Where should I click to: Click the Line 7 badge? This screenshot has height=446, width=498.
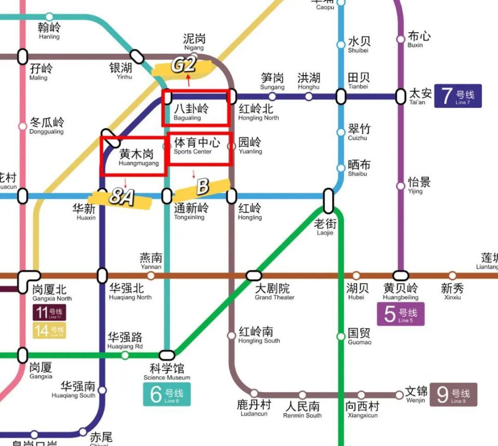point(458,96)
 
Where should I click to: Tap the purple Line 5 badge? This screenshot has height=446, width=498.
point(400,314)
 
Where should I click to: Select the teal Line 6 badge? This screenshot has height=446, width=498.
point(167,395)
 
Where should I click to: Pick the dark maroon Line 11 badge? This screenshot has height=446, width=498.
point(49,313)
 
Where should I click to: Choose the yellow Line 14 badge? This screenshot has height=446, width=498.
point(49,330)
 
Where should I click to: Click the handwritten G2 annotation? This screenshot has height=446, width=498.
point(184,65)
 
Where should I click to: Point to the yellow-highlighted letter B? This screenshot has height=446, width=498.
point(203,187)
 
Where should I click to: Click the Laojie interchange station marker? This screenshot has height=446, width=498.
point(328,201)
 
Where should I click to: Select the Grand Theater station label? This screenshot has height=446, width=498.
point(274,291)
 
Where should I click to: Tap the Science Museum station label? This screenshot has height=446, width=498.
point(167,372)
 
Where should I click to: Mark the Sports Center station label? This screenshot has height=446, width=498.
point(196,145)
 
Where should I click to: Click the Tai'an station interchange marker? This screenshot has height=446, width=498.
point(400,96)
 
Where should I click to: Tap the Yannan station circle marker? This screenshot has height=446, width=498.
point(151,275)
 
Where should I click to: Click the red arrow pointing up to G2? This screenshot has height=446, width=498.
point(188,80)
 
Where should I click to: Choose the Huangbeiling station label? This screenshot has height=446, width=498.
point(400,291)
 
